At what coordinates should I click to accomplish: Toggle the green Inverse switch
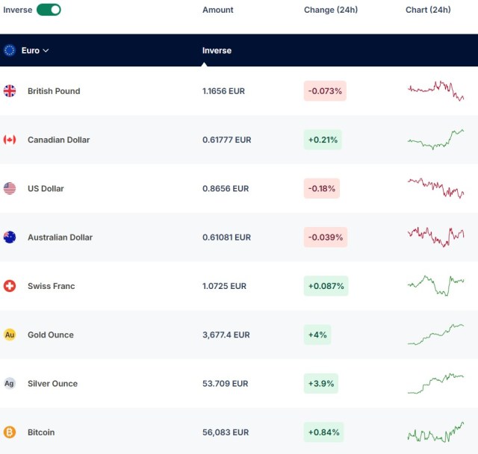coord(49,10)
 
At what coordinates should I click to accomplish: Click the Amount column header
coord(217,10)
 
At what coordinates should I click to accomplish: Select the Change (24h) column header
coord(331,10)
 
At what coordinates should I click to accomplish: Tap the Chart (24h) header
coord(428,10)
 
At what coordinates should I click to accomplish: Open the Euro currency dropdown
coord(35,50)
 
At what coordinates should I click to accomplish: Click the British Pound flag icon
coord(10,91)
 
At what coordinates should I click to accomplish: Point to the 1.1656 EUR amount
coord(223,91)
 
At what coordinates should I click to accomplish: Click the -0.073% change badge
coord(325,91)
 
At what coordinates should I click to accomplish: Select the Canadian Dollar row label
coord(58,140)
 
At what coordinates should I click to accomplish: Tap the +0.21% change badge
coord(323,140)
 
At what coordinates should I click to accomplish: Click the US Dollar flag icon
coord(10,188)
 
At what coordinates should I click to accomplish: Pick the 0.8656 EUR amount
coord(226,189)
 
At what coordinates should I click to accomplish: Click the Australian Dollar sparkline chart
coord(435,237)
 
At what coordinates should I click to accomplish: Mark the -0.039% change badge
coord(326,237)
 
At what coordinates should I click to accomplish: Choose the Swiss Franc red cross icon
coord(10,286)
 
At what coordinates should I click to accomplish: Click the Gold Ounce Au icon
coord(10,335)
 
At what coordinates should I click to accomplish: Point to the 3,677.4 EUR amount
coord(226,335)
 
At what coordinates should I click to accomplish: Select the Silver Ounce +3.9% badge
coord(321,383)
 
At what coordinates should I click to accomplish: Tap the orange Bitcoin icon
coord(10,432)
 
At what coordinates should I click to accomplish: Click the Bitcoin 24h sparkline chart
coord(435,432)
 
